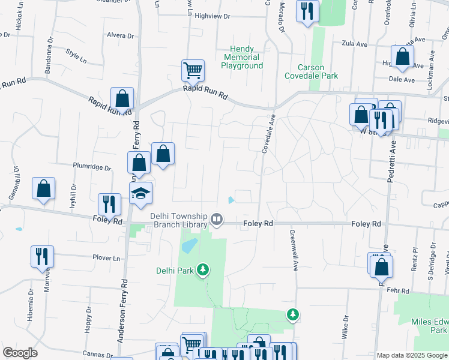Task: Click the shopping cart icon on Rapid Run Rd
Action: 193,71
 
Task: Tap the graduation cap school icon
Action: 141,194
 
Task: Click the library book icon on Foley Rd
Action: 217,221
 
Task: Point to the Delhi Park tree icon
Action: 203,270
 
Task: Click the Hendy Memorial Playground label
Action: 242,57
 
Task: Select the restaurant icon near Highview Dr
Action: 307,11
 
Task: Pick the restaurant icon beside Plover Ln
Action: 42,256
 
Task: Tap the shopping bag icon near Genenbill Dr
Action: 44,189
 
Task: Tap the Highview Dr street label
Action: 212,17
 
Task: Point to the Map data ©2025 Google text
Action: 411,355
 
